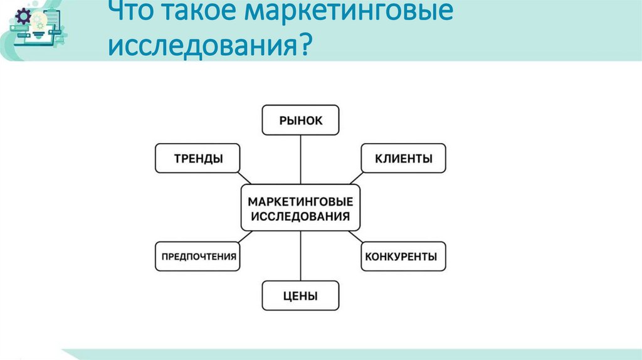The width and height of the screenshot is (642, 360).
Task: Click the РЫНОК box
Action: pos(300,120)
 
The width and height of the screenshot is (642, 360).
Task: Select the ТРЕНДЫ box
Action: pos(197,158)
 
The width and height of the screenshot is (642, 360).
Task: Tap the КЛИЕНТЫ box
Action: pos(403,158)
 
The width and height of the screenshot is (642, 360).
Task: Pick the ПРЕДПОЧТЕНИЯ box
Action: pos(197,256)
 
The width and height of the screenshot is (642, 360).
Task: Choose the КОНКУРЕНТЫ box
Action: pos(403,256)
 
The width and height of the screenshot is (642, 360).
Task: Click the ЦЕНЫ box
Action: pos(300,295)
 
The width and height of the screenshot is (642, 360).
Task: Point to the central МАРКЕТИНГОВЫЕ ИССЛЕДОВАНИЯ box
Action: pos(300,208)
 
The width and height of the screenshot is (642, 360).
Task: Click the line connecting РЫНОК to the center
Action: pos(300,159)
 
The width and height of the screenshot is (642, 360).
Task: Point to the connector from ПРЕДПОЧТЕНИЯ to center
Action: pos(246,236)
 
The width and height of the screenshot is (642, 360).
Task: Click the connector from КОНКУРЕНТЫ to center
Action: pos(355,236)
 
